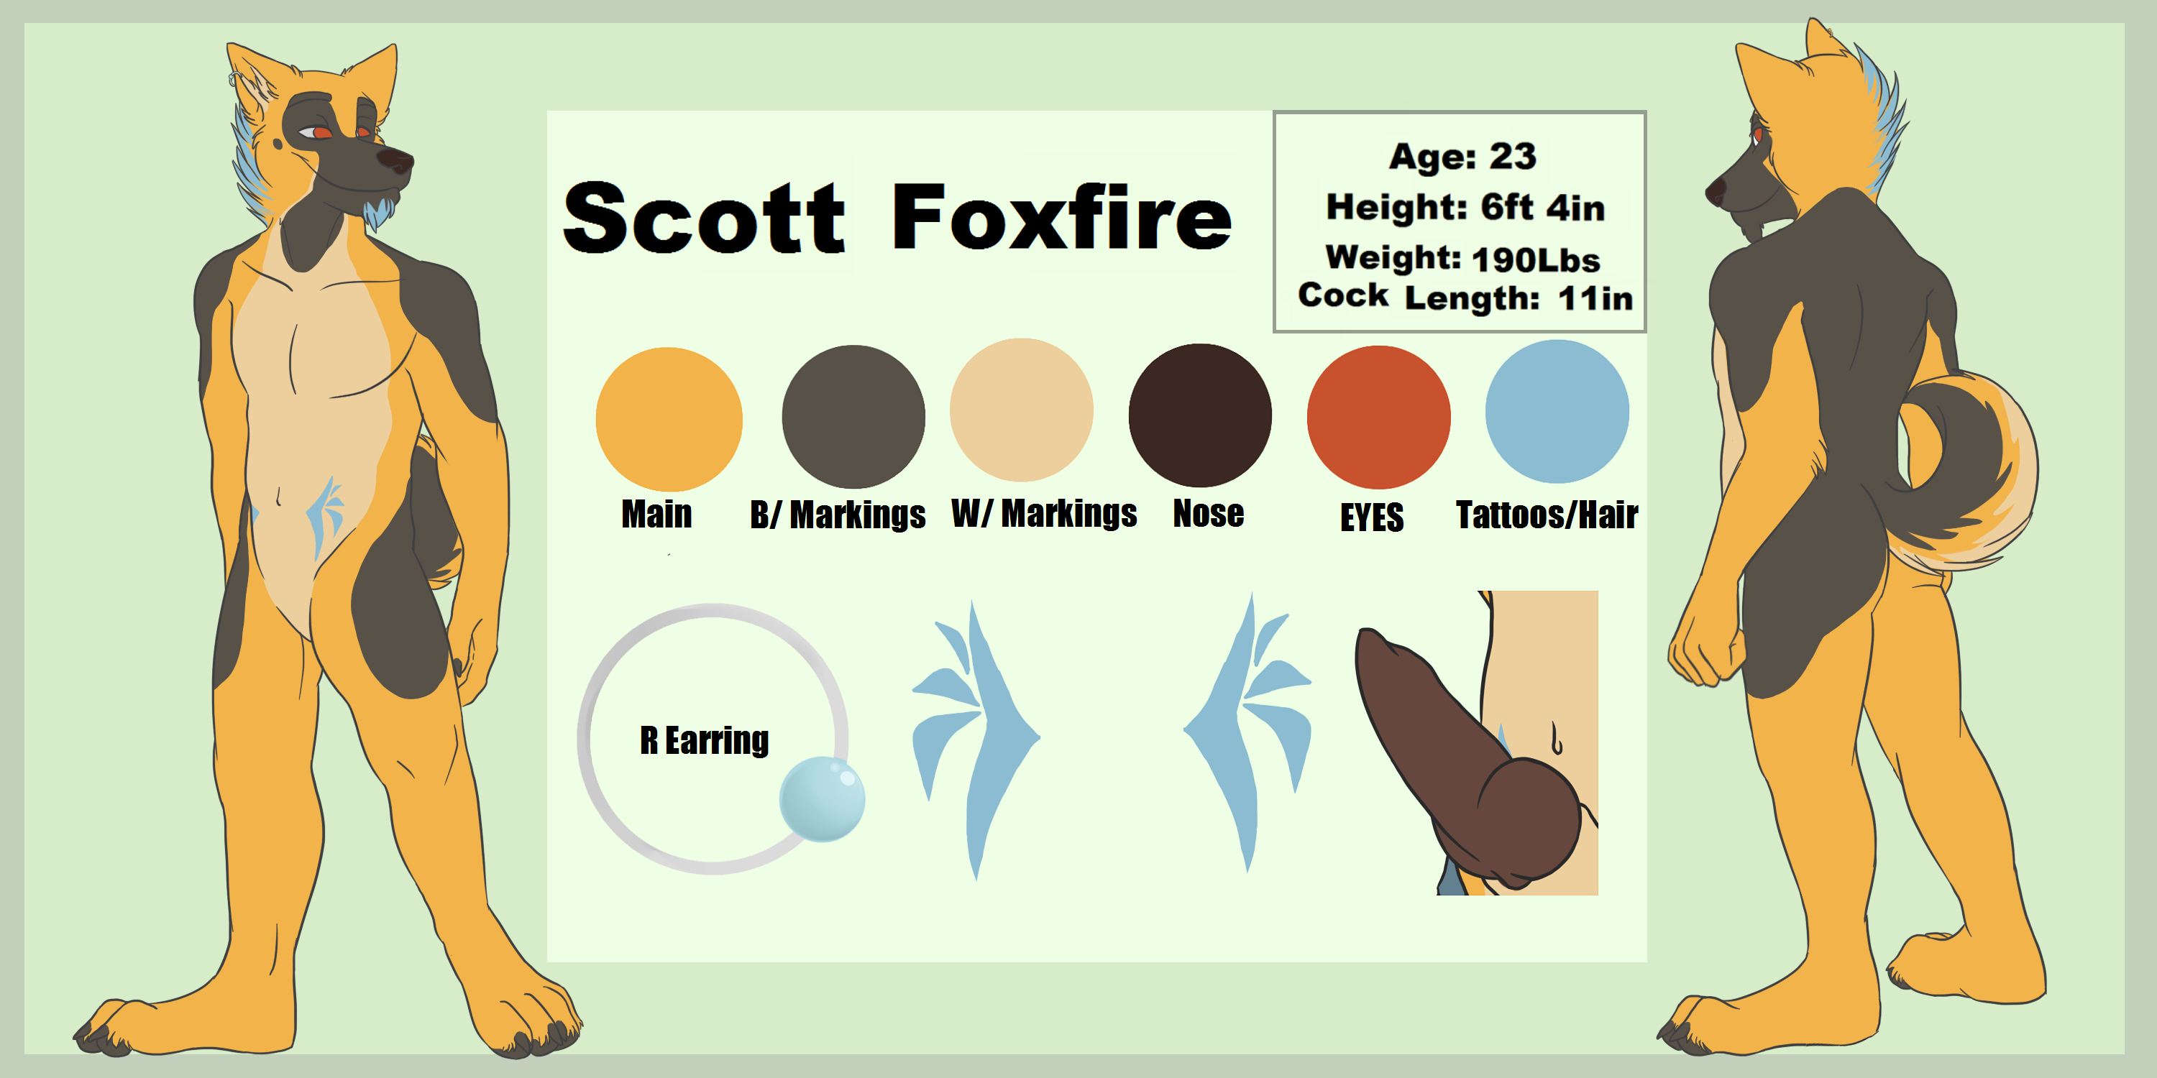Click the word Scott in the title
(x=704, y=218)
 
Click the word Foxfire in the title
(x=1062, y=216)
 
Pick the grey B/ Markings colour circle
(x=853, y=417)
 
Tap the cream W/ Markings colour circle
(x=1022, y=410)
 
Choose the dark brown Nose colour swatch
(x=1200, y=415)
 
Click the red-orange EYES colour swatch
(x=1378, y=417)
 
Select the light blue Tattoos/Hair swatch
(x=1557, y=411)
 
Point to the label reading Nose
(x=1209, y=513)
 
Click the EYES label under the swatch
(x=1372, y=517)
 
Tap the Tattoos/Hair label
(x=1547, y=515)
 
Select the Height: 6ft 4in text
(x=1465, y=208)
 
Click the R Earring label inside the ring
(x=704, y=741)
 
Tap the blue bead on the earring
(x=821, y=798)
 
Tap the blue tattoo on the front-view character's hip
(x=326, y=515)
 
